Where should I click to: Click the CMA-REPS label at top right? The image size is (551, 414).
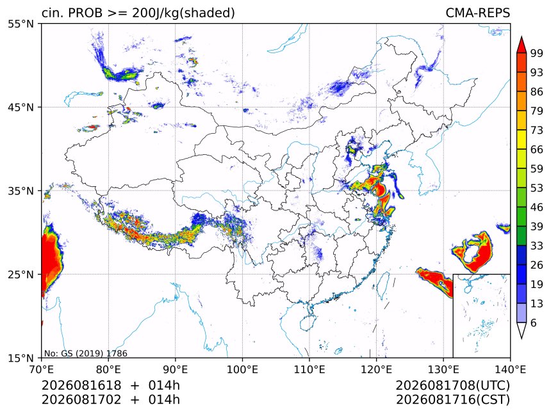[477, 13]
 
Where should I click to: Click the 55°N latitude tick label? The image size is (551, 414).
[21, 24]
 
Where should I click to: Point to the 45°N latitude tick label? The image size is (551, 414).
[21, 107]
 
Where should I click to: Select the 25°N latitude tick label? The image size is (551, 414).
[21, 275]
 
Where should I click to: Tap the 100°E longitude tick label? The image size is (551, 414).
[242, 369]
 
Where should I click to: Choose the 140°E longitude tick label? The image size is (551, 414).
[510, 369]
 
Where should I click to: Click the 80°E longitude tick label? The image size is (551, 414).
[108, 369]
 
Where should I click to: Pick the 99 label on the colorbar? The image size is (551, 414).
[537, 53]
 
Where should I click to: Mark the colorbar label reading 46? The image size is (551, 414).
[537, 207]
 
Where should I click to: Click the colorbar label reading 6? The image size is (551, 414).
[534, 322]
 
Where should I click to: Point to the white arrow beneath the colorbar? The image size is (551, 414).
[522, 331]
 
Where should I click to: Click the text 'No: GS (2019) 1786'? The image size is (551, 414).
[86, 353]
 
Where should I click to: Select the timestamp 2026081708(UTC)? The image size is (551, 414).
[452, 385]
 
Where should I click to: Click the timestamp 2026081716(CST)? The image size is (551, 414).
[452, 400]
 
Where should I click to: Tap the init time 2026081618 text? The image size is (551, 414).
[81, 385]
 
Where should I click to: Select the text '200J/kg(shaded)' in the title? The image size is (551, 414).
[183, 13]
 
